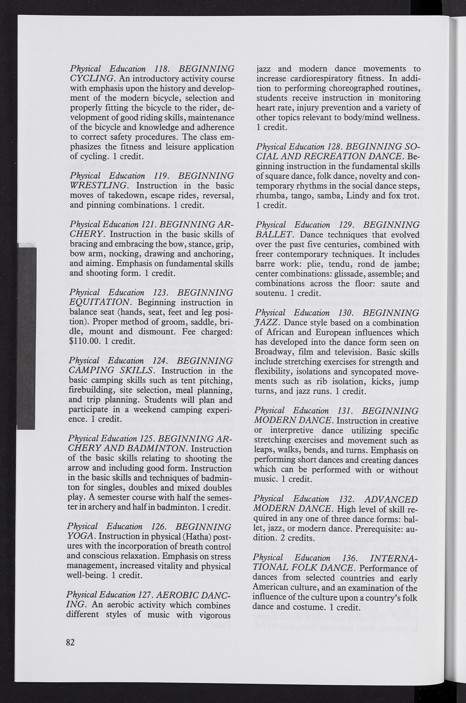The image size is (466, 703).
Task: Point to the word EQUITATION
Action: tap(100, 302)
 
